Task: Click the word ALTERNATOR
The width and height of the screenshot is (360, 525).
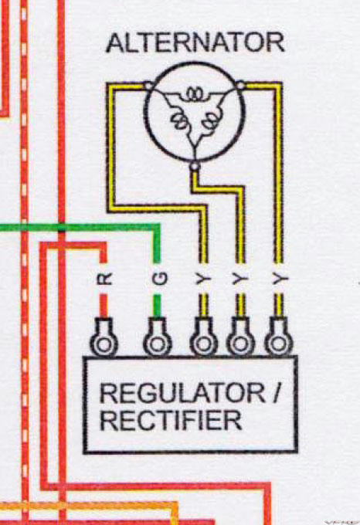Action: [x=195, y=42]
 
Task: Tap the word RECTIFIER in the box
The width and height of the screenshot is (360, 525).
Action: [x=171, y=420]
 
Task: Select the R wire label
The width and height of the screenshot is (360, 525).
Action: [x=104, y=278]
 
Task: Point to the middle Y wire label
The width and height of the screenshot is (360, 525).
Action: [x=240, y=278]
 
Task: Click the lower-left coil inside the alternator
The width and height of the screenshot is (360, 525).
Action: [x=178, y=120]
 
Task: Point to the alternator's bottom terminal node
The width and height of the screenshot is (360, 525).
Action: [x=195, y=166]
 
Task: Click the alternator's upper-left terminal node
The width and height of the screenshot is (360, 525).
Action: [x=148, y=86]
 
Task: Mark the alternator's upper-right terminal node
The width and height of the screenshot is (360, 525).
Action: [x=240, y=86]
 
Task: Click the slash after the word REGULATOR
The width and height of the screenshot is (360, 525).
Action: [x=276, y=393]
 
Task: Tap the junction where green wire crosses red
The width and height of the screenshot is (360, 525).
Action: [x=61, y=228]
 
